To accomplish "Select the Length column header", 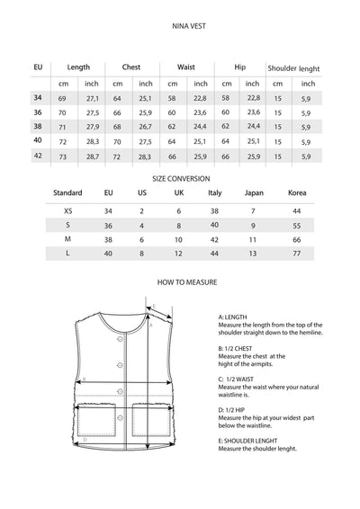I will click(78, 67).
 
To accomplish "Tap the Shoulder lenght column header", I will click(293, 67).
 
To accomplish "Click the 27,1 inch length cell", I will click(92, 97).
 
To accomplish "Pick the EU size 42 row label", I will click(37, 156).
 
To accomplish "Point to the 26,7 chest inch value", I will click(146, 127).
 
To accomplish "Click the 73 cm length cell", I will click(63, 156).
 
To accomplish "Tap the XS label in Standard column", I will click(68, 209).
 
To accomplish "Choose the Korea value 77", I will click(297, 254).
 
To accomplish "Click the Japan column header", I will click(255, 193).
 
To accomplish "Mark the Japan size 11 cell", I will click(254, 239).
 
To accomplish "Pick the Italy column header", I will click(214, 193).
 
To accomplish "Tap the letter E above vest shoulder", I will click(155, 307).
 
